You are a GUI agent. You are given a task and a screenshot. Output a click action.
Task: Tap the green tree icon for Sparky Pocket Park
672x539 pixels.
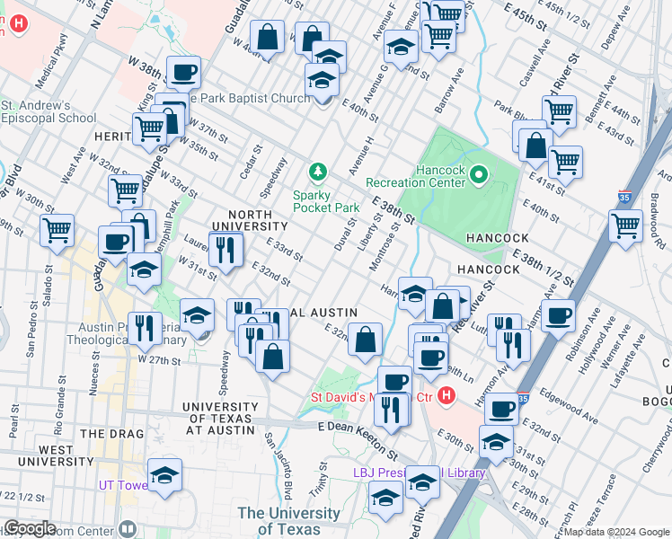click(316, 171)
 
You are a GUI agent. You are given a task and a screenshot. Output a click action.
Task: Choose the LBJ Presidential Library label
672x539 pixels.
click(419, 473)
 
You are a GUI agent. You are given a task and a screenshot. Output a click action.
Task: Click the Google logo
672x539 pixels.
click(30, 528)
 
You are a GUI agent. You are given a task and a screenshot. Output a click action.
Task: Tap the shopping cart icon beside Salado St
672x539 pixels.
click(57, 229)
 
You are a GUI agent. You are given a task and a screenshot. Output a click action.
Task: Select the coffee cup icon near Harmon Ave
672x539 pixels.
click(559, 315)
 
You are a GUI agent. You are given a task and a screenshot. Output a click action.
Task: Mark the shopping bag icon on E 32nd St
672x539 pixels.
click(365, 340)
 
